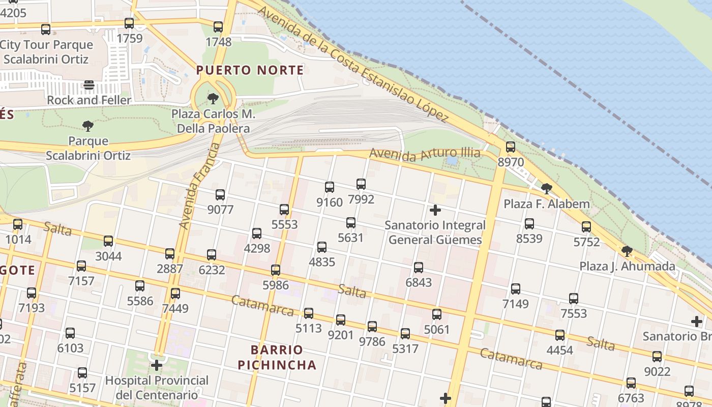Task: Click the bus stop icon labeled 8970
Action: pyautogui.click(x=510, y=147)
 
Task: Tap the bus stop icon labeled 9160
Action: pyautogui.click(x=330, y=187)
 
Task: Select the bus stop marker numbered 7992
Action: pyautogui.click(x=361, y=184)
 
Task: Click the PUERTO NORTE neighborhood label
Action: pyautogui.click(x=250, y=70)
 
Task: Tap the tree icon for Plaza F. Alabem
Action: pyautogui.click(x=547, y=189)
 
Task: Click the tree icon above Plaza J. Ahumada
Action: pyautogui.click(x=627, y=251)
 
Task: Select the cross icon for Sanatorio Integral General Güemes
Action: pyautogui.click(x=435, y=210)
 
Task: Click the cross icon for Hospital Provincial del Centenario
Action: pyautogui.click(x=157, y=365)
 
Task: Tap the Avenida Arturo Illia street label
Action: pyautogui.click(x=425, y=153)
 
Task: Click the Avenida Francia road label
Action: pyautogui.click(x=200, y=186)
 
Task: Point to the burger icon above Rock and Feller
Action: pyautogui.click(x=89, y=84)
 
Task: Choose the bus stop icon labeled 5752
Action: pyautogui.click(x=586, y=226)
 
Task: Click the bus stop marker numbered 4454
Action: pyautogui.click(x=560, y=335)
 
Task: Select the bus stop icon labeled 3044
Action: pyautogui.click(x=108, y=241)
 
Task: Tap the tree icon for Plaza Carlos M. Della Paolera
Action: pyautogui.click(x=213, y=98)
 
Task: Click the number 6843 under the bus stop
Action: pyautogui.click(x=419, y=282)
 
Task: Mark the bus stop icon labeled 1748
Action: pyautogui.click(x=218, y=26)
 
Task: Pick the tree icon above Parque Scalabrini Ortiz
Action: pyautogui.click(x=88, y=126)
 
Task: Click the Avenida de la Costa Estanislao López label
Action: pyautogui.click(x=353, y=64)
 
